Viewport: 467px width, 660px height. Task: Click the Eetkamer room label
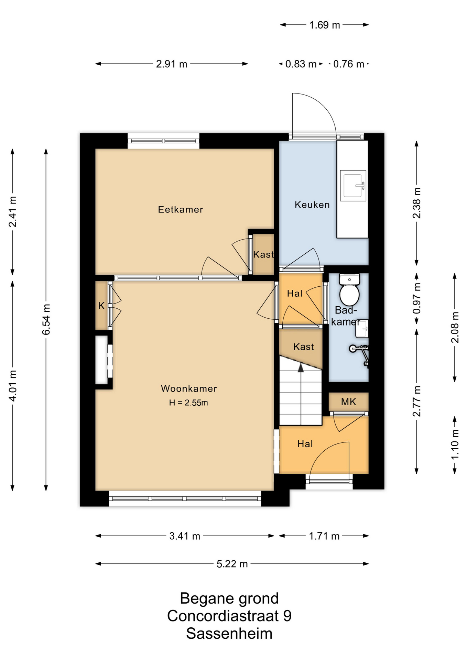pyautogui.click(x=181, y=209)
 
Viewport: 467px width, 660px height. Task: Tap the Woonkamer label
pyautogui.click(x=189, y=388)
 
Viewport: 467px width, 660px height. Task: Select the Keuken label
pyautogui.click(x=312, y=205)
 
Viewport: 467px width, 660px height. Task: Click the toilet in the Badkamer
pyautogui.click(x=349, y=289)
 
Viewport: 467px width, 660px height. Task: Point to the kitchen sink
pyautogui.click(x=353, y=186)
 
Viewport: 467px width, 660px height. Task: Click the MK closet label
pyautogui.click(x=348, y=401)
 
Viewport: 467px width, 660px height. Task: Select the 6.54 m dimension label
pyautogui.click(x=46, y=319)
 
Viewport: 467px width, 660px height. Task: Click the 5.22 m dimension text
pyautogui.click(x=232, y=564)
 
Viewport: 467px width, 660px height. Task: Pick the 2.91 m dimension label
pyautogui.click(x=172, y=64)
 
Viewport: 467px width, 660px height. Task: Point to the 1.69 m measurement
pyautogui.click(x=324, y=25)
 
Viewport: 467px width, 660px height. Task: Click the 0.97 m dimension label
pyautogui.click(x=417, y=298)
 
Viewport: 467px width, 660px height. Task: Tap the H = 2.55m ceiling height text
pyautogui.click(x=188, y=403)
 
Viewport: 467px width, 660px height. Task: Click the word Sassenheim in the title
pyautogui.click(x=229, y=633)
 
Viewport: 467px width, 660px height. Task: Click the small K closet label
pyautogui.click(x=101, y=306)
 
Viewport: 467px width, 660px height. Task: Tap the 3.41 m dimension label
pyautogui.click(x=185, y=536)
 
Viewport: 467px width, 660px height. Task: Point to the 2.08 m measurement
pyautogui.click(x=455, y=327)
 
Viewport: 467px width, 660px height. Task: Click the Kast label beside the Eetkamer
pyautogui.click(x=263, y=254)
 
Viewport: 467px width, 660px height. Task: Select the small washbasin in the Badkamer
pyautogui.click(x=362, y=329)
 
